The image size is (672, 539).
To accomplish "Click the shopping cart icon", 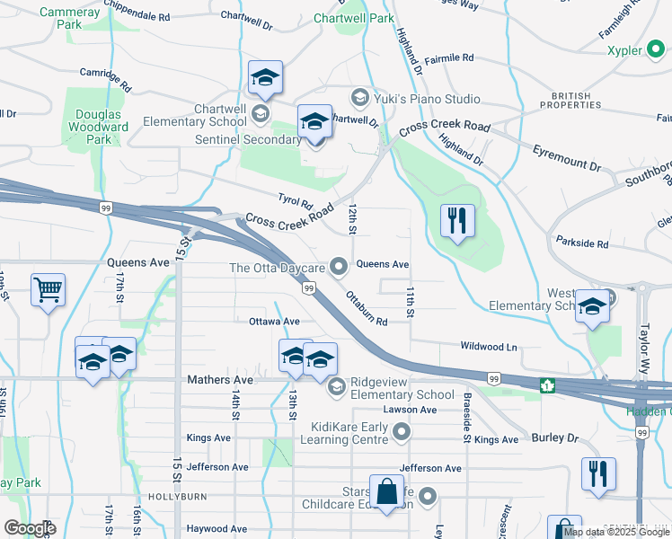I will [x=48, y=290].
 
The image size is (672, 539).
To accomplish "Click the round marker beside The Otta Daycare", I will [x=339, y=265].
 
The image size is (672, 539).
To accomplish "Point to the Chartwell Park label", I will [x=353, y=18].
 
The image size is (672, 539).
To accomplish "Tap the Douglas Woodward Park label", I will [x=99, y=127].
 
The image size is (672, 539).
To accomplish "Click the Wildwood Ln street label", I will [x=489, y=346].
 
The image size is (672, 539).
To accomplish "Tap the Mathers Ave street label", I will [x=220, y=380].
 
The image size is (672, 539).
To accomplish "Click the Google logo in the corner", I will [x=30, y=528].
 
